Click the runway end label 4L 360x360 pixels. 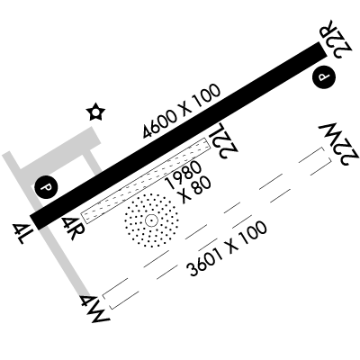pos(19,233)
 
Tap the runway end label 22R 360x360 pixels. pos(336,40)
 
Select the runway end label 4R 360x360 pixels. pos(72,228)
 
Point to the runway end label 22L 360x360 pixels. pos(223,139)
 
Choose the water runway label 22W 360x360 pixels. pos(339,143)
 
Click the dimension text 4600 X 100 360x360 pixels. pos(182,112)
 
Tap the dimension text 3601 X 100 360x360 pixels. pos(227,248)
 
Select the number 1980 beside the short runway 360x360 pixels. pos(184,175)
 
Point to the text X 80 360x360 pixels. pos(194,190)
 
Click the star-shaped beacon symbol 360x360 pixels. pos(95,112)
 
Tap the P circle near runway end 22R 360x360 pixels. pos(324,76)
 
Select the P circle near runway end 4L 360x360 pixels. pos(46,188)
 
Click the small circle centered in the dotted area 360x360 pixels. pos(151,220)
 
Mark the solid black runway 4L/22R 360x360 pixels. pos(178,136)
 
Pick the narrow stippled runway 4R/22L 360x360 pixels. pos(146,181)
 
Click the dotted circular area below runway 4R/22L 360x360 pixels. pos(151,220)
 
